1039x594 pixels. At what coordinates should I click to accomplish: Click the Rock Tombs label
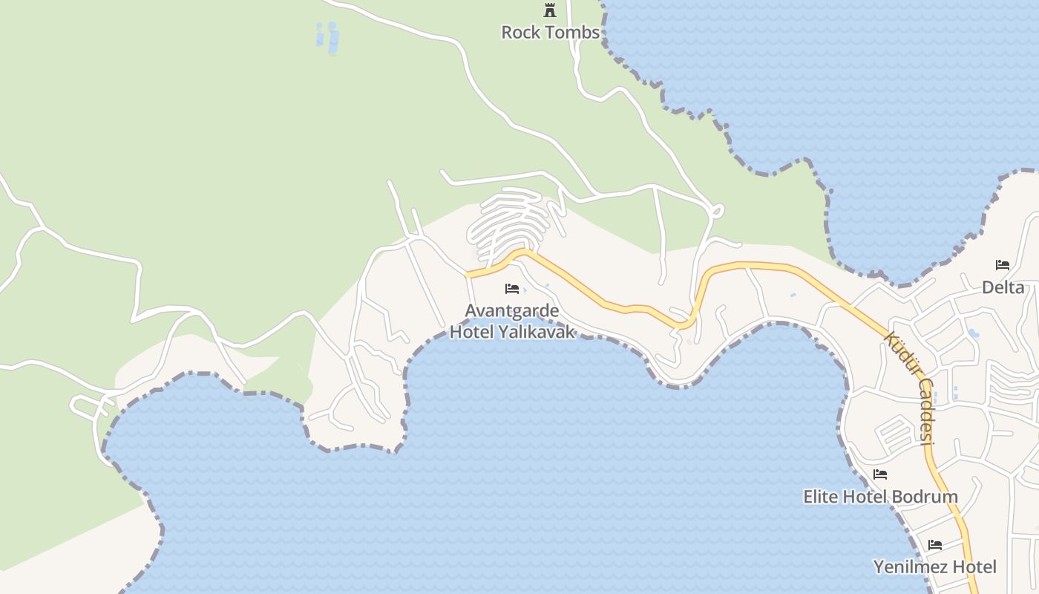point(550,32)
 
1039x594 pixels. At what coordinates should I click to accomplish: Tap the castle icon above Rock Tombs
point(550,10)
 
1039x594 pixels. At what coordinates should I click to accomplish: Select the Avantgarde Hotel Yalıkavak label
point(512,321)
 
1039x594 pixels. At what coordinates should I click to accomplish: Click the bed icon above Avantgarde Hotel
point(512,288)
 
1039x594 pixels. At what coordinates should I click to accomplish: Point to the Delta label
point(1003,287)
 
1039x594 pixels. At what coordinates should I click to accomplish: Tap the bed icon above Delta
point(1003,265)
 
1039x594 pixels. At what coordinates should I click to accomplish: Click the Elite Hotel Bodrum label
point(880,497)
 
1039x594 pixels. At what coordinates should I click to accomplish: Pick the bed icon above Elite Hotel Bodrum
point(880,474)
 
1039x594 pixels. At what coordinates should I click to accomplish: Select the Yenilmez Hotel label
point(934,567)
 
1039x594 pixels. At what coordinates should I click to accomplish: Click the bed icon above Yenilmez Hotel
point(935,545)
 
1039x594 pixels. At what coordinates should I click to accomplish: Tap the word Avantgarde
point(512,310)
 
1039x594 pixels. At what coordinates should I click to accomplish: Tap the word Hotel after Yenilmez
point(974,567)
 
